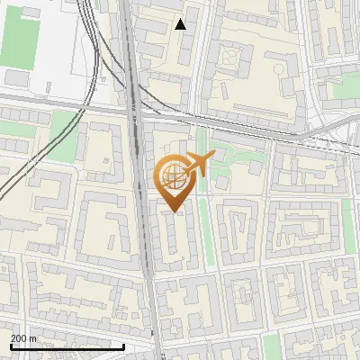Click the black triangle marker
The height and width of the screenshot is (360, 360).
pyautogui.click(x=181, y=24)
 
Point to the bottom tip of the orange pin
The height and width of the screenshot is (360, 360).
pyautogui.click(x=173, y=211)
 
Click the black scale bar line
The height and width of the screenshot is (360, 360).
pyautogui.click(x=67, y=346)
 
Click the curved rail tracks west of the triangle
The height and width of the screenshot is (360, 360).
pyautogui.click(x=94, y=45)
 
